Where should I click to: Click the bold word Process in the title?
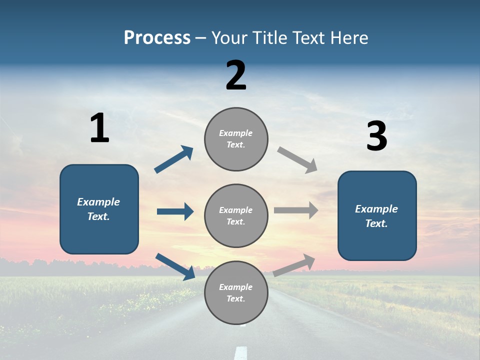[x=157, y=37]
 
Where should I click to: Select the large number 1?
[x=99, y=128]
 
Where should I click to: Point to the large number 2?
[x=236, y=75]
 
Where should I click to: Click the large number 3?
[x=376, y=136]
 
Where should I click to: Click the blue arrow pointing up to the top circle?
[x=174, y=159]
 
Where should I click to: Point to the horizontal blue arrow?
[x=175, y=211]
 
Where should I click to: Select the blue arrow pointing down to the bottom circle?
[x=175, y=266]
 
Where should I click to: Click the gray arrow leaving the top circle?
[x=297, y=159]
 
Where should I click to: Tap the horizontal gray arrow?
[x=296, y=210]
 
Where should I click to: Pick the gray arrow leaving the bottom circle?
[x=294, y=264]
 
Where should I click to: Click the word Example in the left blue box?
[x=98, y=202]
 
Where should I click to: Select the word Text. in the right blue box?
[x=376, y=223]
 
